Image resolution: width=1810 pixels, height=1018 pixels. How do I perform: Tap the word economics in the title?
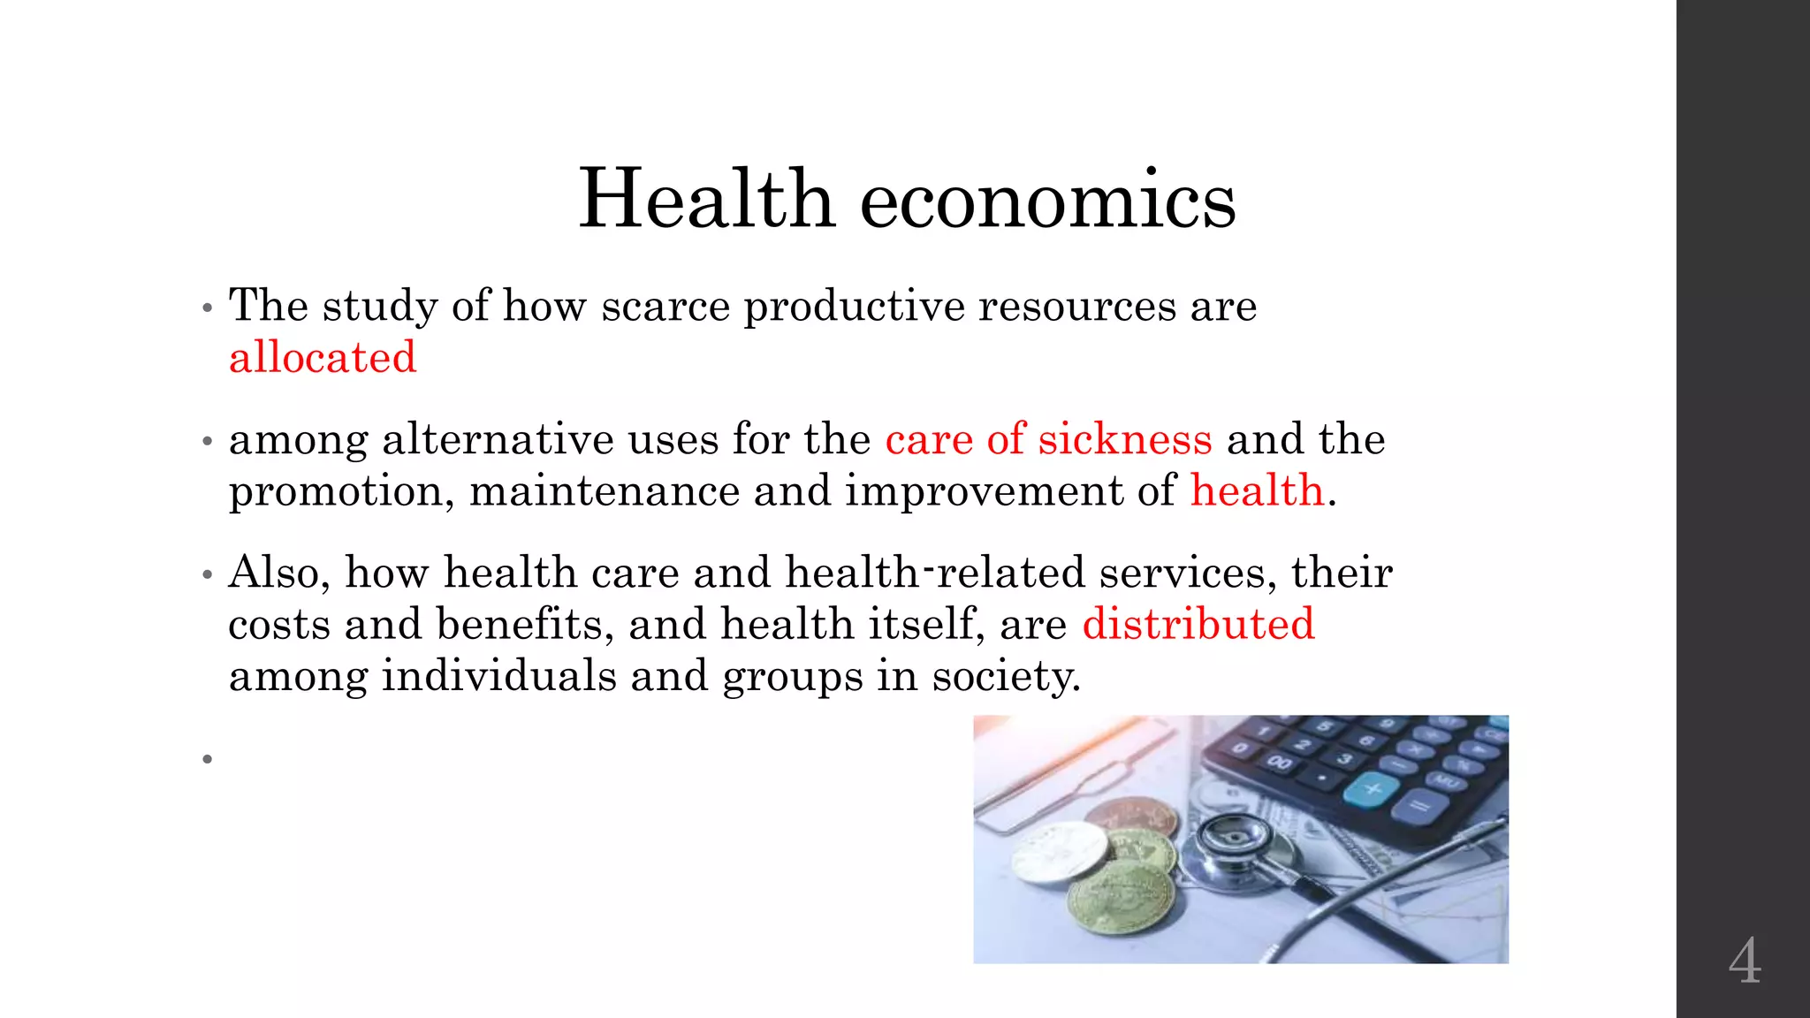click(1047, 201)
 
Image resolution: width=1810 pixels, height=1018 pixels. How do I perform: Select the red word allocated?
click(323, 358)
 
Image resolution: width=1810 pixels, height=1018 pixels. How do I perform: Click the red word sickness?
click(1125, 439)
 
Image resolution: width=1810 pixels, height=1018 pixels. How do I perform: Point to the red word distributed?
click(1198, 624)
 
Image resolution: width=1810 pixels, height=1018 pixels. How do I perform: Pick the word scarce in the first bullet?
click(665, 306)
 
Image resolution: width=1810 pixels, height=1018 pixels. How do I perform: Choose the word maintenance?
click(605, 491)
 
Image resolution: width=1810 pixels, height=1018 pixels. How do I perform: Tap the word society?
click(1006, 677)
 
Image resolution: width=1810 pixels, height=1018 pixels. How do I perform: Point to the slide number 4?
click(1745, 961)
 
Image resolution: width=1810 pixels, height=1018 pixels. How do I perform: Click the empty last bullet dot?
click(208, 759)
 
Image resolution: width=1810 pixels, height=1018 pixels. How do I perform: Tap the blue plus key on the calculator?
click(1372, 786)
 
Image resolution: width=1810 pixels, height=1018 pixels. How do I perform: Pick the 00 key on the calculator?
click(1278, 762)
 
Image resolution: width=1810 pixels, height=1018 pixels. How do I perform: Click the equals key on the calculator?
click(1421, 806)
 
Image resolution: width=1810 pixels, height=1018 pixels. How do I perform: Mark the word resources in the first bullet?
click(1076, 306)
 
